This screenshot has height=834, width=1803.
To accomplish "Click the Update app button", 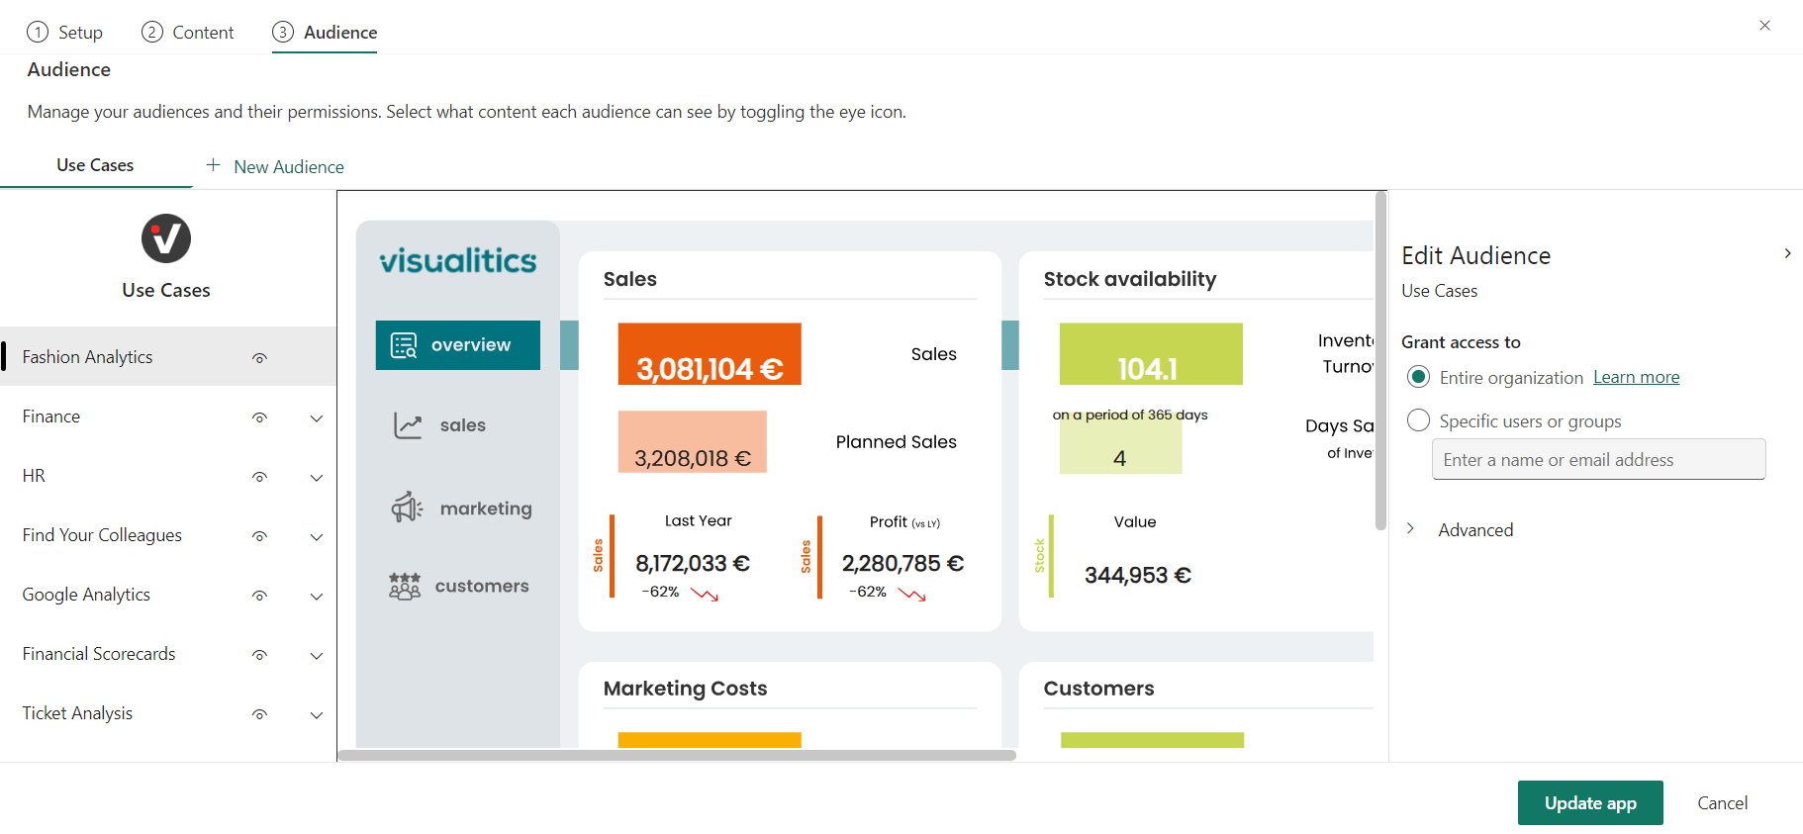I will pyautogui.click(x=1589, y=802).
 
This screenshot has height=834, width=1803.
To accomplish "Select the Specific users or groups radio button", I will pyautogui.click(x=1418, y=420).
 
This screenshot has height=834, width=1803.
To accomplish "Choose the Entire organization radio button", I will pyautogui.click(x=1418, y=377).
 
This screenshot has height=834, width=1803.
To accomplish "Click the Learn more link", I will pyautogui.click(x=1636, y=377).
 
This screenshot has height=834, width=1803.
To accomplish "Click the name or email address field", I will pyautogui.click(x=1598, y=459).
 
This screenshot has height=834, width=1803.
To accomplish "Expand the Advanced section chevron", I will pyautogui.click(x=1410, y=529).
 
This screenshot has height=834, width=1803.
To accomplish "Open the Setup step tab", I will pyautogui.click(x=65, y=32).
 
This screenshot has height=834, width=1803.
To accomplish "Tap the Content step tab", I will pyautogui.click(x=188, y=32).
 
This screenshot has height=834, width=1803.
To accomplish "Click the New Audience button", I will pyautogui.click(x=275, y=166).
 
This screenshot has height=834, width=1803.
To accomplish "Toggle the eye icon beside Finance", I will pyautogui.click(x=259, y=417).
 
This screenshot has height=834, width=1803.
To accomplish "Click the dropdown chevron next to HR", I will pyautogui.click(x=317, y=477).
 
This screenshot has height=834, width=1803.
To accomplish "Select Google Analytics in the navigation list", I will pyautogui.click(x=86, y=595).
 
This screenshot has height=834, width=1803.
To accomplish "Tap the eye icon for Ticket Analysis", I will pyautogui.click(x=259, y=714).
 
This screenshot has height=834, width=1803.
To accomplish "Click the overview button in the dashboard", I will pyautogui.click(x=457, y=345).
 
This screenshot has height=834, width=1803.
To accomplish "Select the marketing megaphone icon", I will pyautogui.click(x=407, y=508).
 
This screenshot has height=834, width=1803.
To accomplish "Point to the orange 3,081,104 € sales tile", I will pyautogui.click(x=709, y=354).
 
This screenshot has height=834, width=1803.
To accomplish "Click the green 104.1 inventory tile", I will pyautogui.click(x=1150, y=354).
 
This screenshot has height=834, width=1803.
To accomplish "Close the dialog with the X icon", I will pyautogui.click(x=1764, y=26).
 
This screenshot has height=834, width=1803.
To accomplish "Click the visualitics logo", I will pyautogui.click(x=457, y=260).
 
